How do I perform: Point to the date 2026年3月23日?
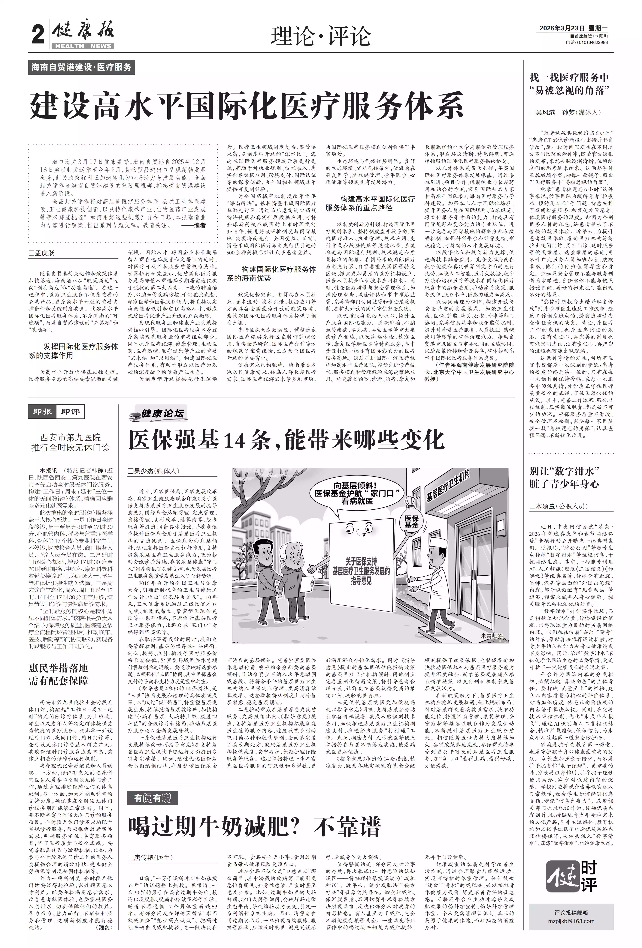point(562,28)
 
